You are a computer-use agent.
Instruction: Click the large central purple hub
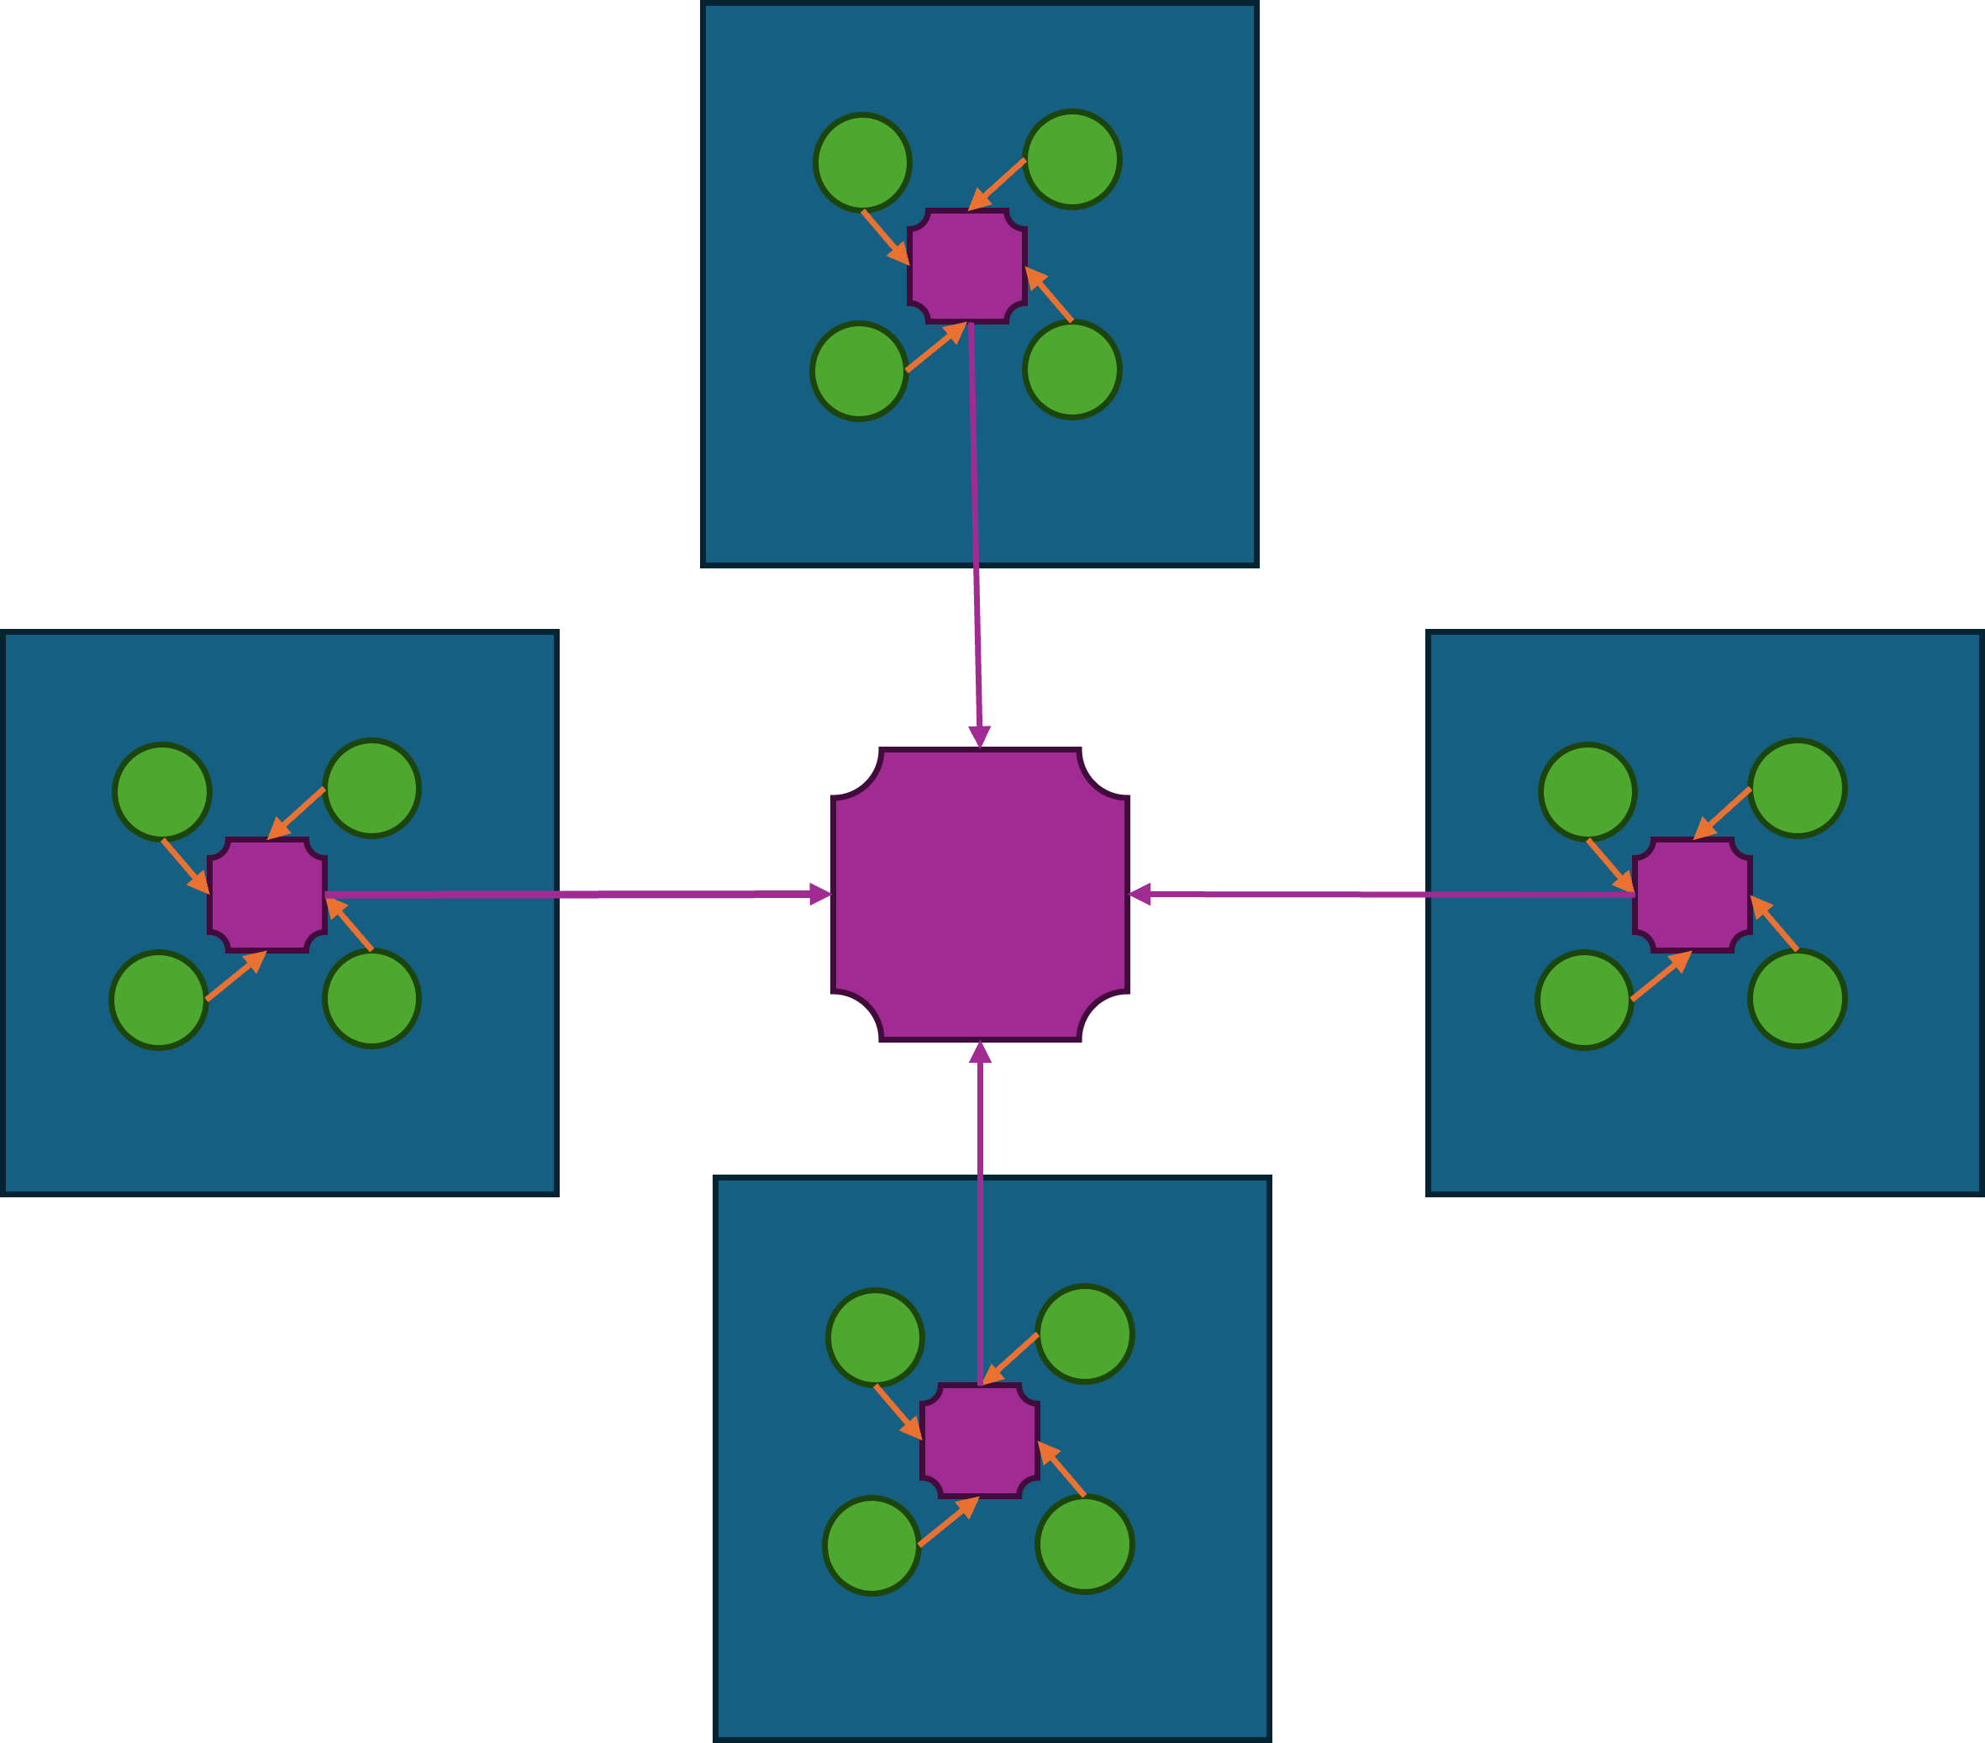coord(980,895)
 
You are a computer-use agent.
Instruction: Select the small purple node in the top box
coord(967,265)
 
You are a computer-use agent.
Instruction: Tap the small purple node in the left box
coord(267,895)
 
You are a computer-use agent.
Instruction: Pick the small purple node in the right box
coord(1693,895)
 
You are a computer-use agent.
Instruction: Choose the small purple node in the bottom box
coord(980,1441)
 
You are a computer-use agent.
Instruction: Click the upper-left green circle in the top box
coord(862,162)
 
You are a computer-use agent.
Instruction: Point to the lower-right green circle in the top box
coord(1072,370)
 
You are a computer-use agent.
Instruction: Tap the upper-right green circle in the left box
coord(372,788)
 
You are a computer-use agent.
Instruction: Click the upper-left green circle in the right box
coord(1587,792)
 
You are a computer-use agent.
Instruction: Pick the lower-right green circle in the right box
coord(1798,999)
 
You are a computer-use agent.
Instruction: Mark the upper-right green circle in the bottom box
coord(1085,1334)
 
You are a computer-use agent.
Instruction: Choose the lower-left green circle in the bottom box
coord(872,1545)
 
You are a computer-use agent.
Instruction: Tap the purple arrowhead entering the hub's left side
coord(820,894)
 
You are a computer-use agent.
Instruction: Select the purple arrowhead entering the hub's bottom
coord(980,1052)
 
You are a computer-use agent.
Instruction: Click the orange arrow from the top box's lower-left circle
coord(935,347)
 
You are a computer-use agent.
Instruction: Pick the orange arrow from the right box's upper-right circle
coord(1723,813)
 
